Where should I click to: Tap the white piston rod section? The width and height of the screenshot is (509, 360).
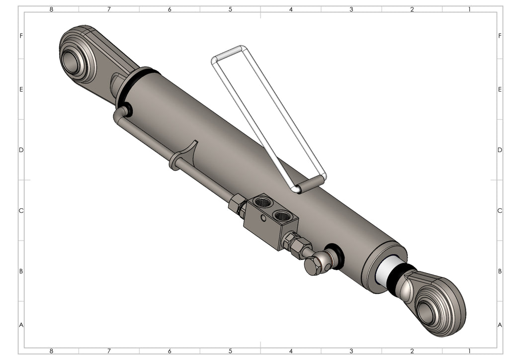point(389,271)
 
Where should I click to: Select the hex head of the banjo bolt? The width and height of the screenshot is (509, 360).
point(313,265)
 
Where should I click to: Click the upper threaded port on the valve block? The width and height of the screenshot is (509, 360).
point(262,202)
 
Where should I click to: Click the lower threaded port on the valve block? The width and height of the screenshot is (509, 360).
point(281,215)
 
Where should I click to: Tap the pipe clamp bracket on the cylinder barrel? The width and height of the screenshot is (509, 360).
point(183,156)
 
